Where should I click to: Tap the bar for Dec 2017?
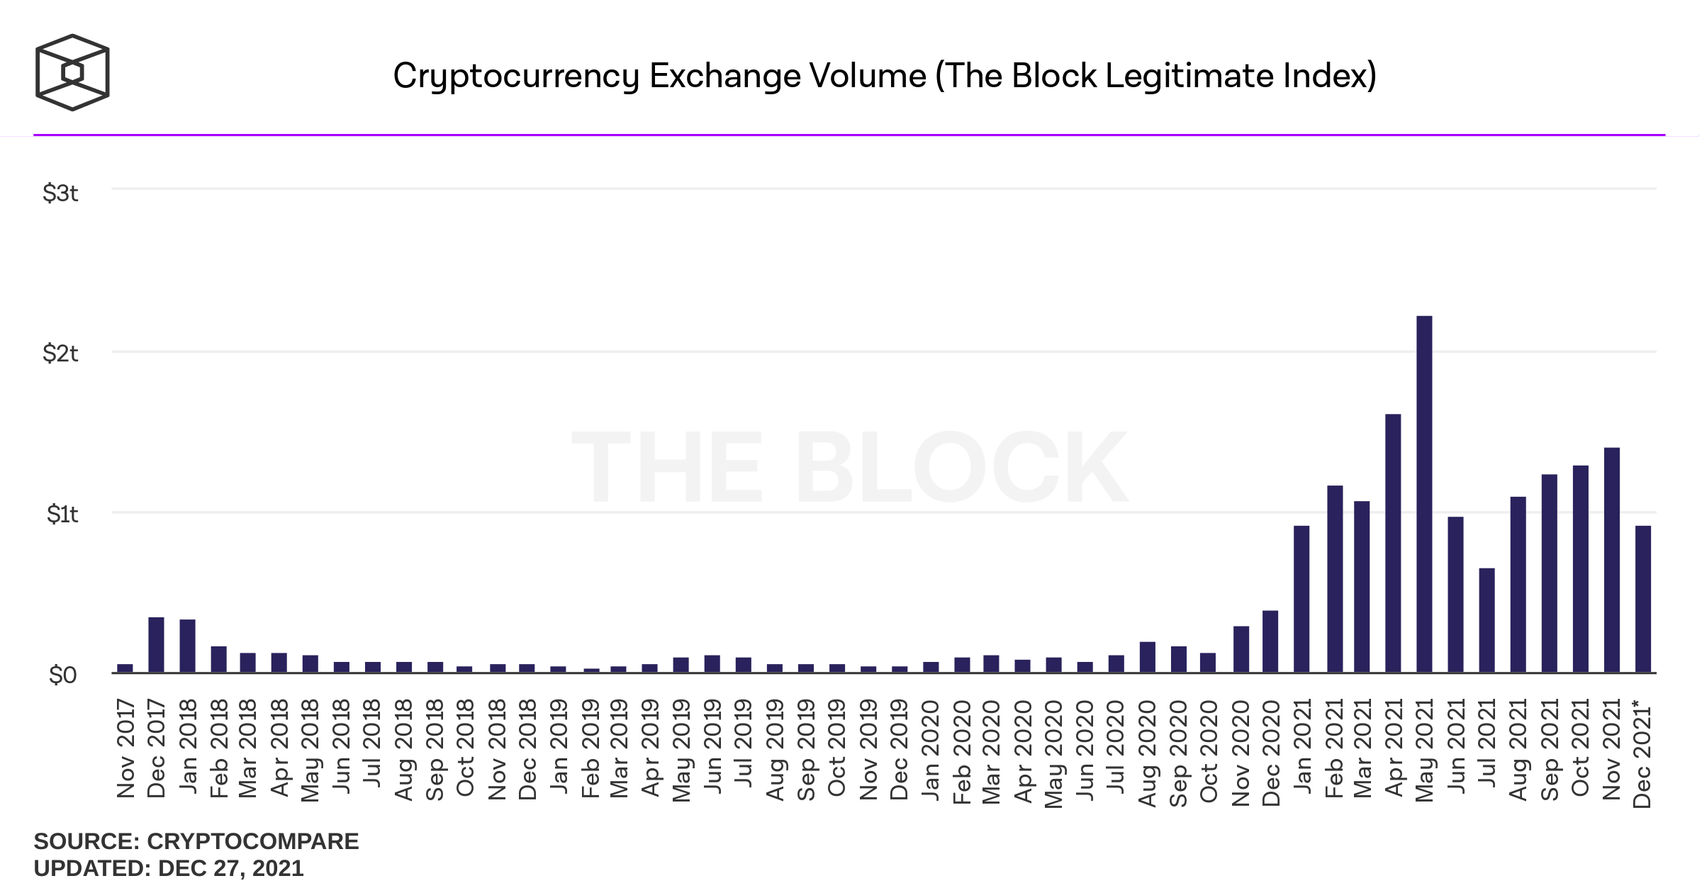tap(156, 644)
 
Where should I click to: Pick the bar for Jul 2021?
tap(1487, 620)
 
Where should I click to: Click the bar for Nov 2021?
tap(1611, 560)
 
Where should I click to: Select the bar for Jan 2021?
tap(1301, 599)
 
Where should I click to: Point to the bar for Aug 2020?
tap(1147, 657)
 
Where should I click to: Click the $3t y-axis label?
tap(60, 193)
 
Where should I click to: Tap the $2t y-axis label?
tap(60, 353)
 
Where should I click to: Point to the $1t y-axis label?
tap(62, 514)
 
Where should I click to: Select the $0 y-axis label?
tap(62, 675)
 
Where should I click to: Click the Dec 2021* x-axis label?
tap(1642, 753)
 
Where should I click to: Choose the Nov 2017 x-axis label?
tap(125, 748)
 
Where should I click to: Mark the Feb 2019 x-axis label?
tap(590, 748)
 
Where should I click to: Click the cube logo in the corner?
tap(72, 72)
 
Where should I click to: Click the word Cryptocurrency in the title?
tap(516, 76)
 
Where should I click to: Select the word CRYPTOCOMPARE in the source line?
tap(252, 841)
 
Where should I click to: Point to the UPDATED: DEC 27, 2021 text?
tap(169, 868)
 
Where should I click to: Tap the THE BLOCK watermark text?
tap(849, 468)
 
